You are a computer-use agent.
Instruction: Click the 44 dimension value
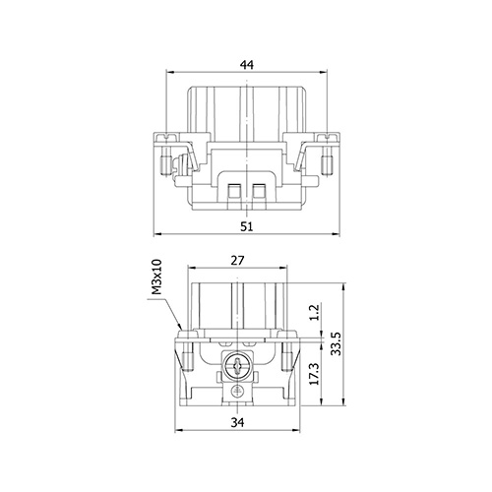pyautogui.click(x=247, y=65)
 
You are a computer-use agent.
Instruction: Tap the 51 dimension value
pyautogui.click(x=247, y=226)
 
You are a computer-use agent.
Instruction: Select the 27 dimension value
pyautogui.click(x=237, y=261)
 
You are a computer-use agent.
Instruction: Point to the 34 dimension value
pyautogui.click(x=237, y=422)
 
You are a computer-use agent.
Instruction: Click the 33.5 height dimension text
pyautogui.click(x=336, y=343)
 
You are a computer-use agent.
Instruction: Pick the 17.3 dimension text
pyautogui.click(x=314, y=374)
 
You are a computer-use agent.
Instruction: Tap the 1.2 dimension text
pyautogui.click(x=314, y=313)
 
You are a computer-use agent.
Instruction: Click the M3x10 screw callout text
pyautogui.click(x=157, y=277)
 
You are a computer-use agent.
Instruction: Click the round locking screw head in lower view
pyautogui.click(x=237, y=366)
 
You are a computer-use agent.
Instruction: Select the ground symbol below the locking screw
pyautogui.click(x=237, y=391)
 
